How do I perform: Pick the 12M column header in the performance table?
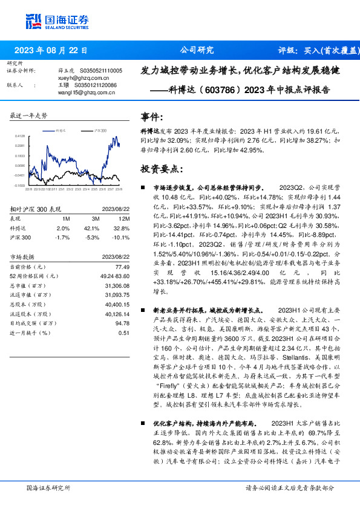point(124,218)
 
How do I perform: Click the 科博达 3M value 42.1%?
point(92,228)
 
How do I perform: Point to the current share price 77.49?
point(123,267)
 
